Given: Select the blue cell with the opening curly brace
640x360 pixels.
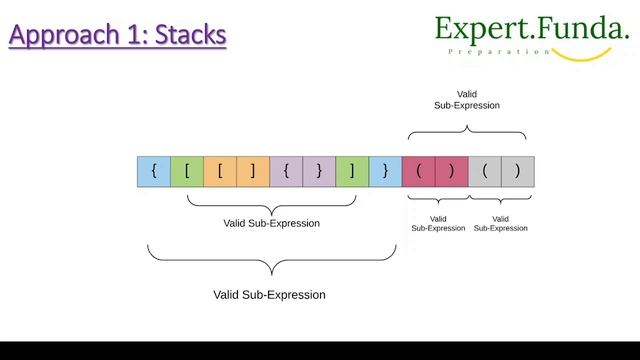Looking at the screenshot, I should [x=153, y=171].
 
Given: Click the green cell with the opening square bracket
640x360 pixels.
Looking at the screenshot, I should [x=187, y=171].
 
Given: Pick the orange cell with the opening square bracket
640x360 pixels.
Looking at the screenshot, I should [x=220, y=171].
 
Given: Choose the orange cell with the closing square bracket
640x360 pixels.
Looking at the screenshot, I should [x=253, y=171].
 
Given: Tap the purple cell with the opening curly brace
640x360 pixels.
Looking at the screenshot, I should [x=286, y=171].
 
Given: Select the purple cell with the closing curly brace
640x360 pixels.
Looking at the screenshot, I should [x=319, y=171].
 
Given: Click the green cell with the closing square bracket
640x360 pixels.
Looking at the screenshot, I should [x=352, y=171].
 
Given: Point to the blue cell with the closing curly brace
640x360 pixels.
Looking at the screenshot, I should [x=385, y=171].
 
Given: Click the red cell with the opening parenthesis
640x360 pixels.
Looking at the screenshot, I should [x=418, y=171].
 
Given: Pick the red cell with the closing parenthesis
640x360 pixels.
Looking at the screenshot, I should [x=451, y=171].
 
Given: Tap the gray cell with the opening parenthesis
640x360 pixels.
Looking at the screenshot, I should [x=485, y=171].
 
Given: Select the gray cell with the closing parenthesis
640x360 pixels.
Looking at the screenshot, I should [x=518, y=171].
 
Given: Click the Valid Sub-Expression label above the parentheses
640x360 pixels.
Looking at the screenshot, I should [x=467, y=98].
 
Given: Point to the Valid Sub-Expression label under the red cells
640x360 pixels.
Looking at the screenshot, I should [x=438, y=223].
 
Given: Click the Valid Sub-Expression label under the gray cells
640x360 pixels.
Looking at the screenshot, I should [x=501, y=223].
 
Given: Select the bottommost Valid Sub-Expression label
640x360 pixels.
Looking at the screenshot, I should [x=270, y=295].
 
